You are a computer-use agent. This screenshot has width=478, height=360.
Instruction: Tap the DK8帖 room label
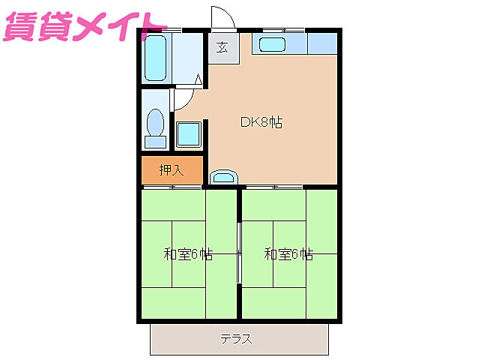(261, 122)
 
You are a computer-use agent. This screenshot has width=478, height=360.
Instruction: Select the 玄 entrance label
(223, 48)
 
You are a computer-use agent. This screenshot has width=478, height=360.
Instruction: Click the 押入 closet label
(172, 170)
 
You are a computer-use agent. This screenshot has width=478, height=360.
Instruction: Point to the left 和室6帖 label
(188, 254)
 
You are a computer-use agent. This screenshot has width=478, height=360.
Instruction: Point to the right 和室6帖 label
(288, 254)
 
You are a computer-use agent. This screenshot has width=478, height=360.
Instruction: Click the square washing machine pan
(188, 135)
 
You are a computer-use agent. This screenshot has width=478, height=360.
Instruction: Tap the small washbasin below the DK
(223, 178)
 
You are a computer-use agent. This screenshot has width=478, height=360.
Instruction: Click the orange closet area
(172, 170)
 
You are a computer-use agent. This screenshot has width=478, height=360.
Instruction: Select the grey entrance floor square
(223, 48)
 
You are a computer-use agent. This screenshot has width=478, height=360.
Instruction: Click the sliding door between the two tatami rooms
(239, 253)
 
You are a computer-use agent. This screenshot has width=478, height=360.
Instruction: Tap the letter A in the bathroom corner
(199, 79)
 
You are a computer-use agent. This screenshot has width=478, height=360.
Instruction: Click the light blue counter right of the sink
(322, 43)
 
